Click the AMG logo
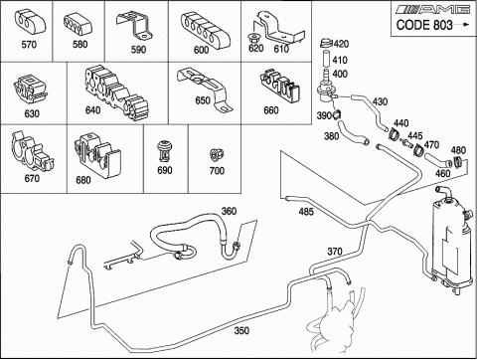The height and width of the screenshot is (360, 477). coord(432,9)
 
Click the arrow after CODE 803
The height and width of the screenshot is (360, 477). coord(461,24)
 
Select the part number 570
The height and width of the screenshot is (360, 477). coord(29,45)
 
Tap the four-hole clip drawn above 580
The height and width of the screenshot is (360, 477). coord(79,25)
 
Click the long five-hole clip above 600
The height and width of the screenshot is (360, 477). coord(203,29)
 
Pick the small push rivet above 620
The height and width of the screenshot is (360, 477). coord(254,37)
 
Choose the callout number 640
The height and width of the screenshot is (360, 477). coord(93,109)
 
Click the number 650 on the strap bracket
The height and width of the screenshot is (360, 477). coord(203,100)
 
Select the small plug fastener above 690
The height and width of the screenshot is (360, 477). coord(164,151)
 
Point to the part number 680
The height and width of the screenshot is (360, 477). coord(83,180)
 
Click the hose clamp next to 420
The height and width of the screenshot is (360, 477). coord(326,43)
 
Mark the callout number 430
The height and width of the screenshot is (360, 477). coord(380,101)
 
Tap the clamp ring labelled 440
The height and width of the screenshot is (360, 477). coord(394,134)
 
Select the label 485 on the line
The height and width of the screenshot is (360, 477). coord(306,211)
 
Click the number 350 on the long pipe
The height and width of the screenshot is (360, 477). coord(241,330)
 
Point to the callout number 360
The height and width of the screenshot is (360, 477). coord(229,211)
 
